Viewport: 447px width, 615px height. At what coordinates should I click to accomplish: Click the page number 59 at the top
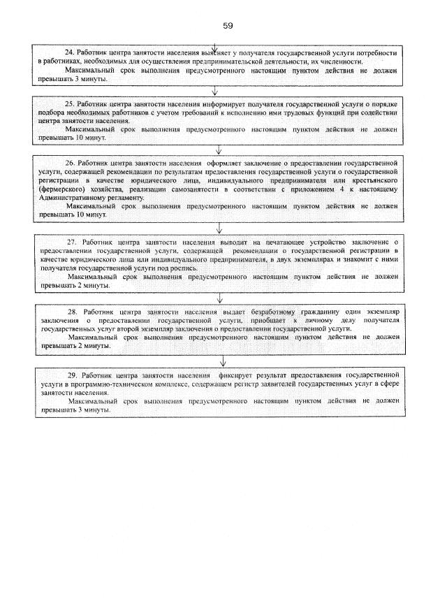[x=228, y=25]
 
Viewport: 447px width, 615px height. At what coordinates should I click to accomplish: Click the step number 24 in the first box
[x=68, y=52]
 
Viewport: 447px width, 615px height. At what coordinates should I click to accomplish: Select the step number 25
[x=69, y=103]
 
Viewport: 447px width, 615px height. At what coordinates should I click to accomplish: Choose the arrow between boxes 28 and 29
[x=222, y=361]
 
